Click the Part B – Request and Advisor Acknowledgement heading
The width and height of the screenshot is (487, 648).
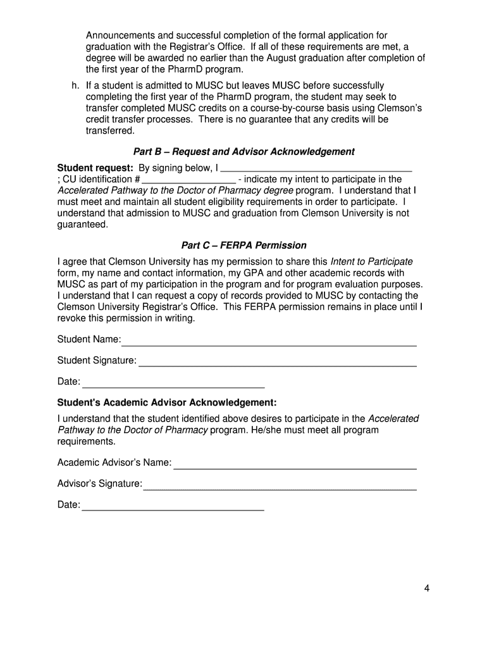click(x=244, y=152)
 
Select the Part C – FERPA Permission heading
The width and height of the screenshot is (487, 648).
click(x=244, y=246)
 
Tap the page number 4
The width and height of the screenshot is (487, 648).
click(x=427, y=589)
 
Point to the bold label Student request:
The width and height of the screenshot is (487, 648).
click(x=95, y=168)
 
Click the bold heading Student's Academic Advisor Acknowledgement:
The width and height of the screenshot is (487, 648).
click(x=167, y=403)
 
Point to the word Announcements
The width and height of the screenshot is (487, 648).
click(x=121, y=35)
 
